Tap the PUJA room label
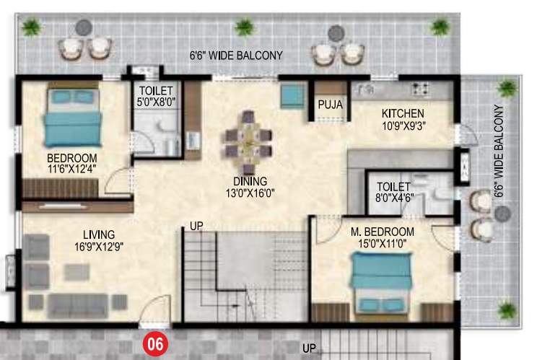[x=330, y=105]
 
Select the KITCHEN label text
[x=403, y=114]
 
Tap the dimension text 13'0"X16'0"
[x=250, y=192]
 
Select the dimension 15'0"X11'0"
[x=383, y=243]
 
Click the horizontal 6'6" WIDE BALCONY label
[x=235, y=56]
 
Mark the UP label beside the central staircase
[x=196, y=226]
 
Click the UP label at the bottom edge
[x=309, y=348]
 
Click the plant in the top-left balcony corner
[x=30, y=27]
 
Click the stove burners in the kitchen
[x=420, y=89]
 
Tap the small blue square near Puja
[x=292, y=95]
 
